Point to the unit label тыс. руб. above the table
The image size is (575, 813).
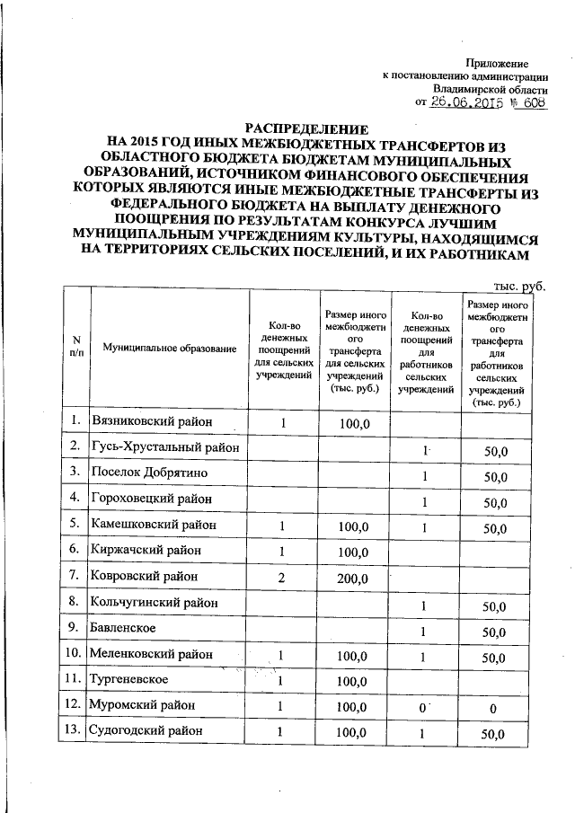click(x=519, y=286)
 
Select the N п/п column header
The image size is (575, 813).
click(x=75, y=348)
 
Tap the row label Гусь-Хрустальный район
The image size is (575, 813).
click(x=165, y=446)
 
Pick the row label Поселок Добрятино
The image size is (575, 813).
click(x=149, y=473)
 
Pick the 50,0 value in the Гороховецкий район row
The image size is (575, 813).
click(x=495, y=499)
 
